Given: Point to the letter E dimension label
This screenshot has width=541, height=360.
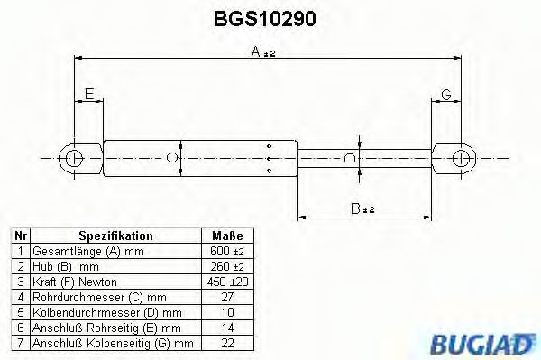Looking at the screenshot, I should pyautogui.click(x=88, y=94).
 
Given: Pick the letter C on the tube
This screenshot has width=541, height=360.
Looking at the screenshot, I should pyautogui.click(x=174, y=159).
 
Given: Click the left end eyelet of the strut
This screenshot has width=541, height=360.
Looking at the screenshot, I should pyautogui.click(x=75, y=159).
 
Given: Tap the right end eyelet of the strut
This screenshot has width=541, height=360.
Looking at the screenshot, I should pyautogui.click(x=462, y=159).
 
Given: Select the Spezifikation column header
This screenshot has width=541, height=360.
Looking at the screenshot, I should pyautogui.click(x=115, y=235).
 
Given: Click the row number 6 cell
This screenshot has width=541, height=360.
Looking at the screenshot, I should pyautogui.click(x=19, y=328).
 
